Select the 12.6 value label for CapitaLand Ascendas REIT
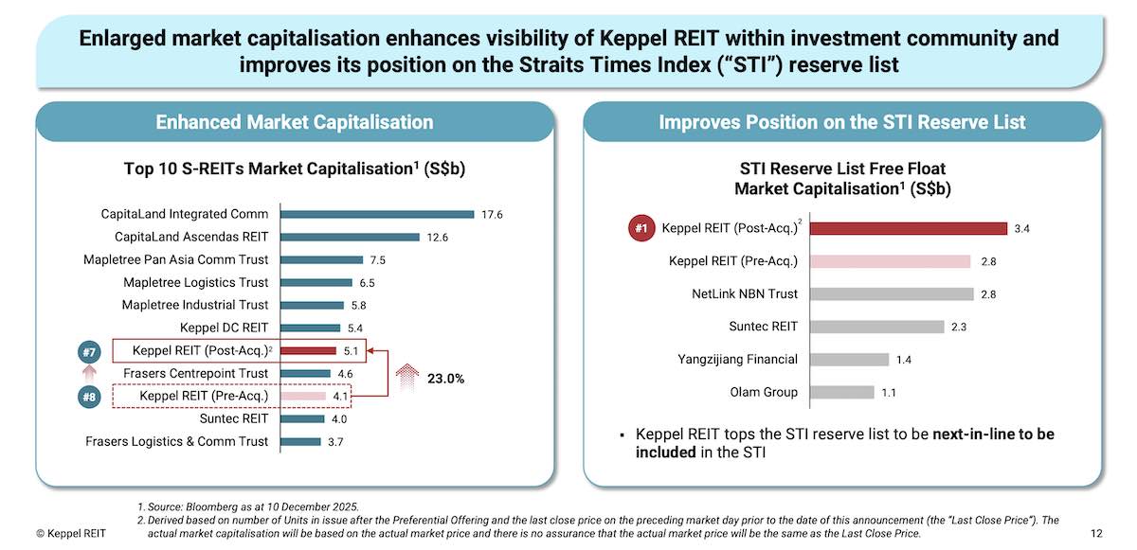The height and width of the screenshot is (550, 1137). [x=438, y=237]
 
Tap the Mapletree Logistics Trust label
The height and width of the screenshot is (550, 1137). [x=195, y=282]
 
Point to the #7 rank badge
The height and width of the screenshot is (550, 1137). [x=87, y=353]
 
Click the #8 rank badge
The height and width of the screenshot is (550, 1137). [x=87, y=397]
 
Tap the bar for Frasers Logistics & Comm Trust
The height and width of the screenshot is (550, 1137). [x=299, y=441]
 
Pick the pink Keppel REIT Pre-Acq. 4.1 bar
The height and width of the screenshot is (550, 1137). [x=302, y=396]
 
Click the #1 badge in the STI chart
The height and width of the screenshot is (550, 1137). [x=641, y=228]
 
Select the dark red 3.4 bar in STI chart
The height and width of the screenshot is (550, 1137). [x=907, y=228]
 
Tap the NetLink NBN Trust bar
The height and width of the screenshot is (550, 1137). [x=891, y=294]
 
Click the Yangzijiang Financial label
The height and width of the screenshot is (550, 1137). [x=737, y=359]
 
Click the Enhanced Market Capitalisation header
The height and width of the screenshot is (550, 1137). [x=294, y=122]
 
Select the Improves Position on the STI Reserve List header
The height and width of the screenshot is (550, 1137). [x=841, y=122]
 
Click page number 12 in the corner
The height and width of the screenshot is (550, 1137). [x=1096, y=534]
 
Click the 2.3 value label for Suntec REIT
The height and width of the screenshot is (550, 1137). [x=960, y=327]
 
